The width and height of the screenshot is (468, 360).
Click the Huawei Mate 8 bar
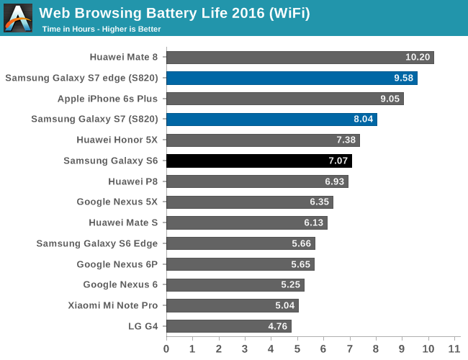point(300,58)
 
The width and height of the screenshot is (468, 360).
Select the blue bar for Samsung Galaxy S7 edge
point(292,78)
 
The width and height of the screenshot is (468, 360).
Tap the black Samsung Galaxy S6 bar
point(258,161)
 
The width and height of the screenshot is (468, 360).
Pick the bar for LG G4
point(228,326)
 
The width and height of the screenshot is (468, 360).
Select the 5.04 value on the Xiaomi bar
point(284,305)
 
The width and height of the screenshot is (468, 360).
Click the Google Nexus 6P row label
point(117,264)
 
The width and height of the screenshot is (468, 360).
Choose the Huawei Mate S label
point(123,222)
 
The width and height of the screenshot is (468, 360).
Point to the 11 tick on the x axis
point(454,349)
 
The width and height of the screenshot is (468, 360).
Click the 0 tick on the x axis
point(166,349)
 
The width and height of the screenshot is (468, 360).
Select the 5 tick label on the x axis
point(297,349)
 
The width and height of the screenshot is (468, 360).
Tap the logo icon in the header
point(18,18)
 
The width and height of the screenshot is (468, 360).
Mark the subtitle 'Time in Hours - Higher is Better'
point(101,30)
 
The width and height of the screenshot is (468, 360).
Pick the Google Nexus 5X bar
point(249,202)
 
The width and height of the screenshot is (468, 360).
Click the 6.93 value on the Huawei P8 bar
point(333,181)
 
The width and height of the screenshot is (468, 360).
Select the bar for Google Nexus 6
point(235,285)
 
